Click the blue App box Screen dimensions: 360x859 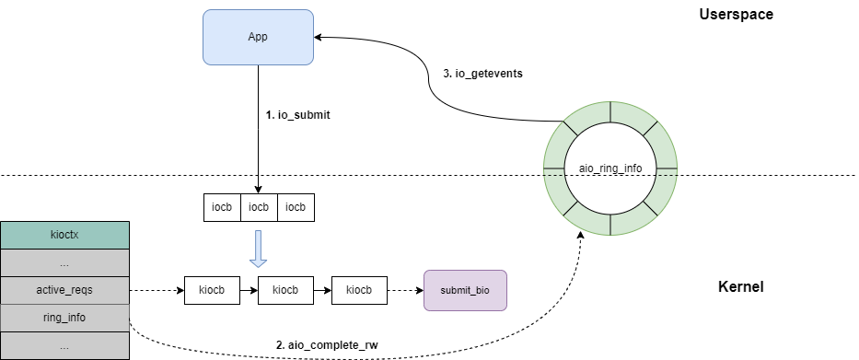pyautogui.click(x=258, y=38)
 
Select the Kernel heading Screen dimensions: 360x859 pyautogui.click(x=740, y=287)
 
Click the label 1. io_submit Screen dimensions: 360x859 pyautogui.click(x=297, y=115)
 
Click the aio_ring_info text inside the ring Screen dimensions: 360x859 pyautogui.click(x=610, y=169)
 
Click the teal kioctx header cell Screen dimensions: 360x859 pyautogui.click(x=64, y=236)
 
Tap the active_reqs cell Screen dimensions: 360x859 pyautogui.click(x=64, y=290)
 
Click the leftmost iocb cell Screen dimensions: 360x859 pyautogui.click(x=222, y=208)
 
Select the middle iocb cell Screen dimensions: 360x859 pyautogui.click(x=259, y=208)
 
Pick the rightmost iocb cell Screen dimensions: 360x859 pyautogui.click(x=296, y=208)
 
